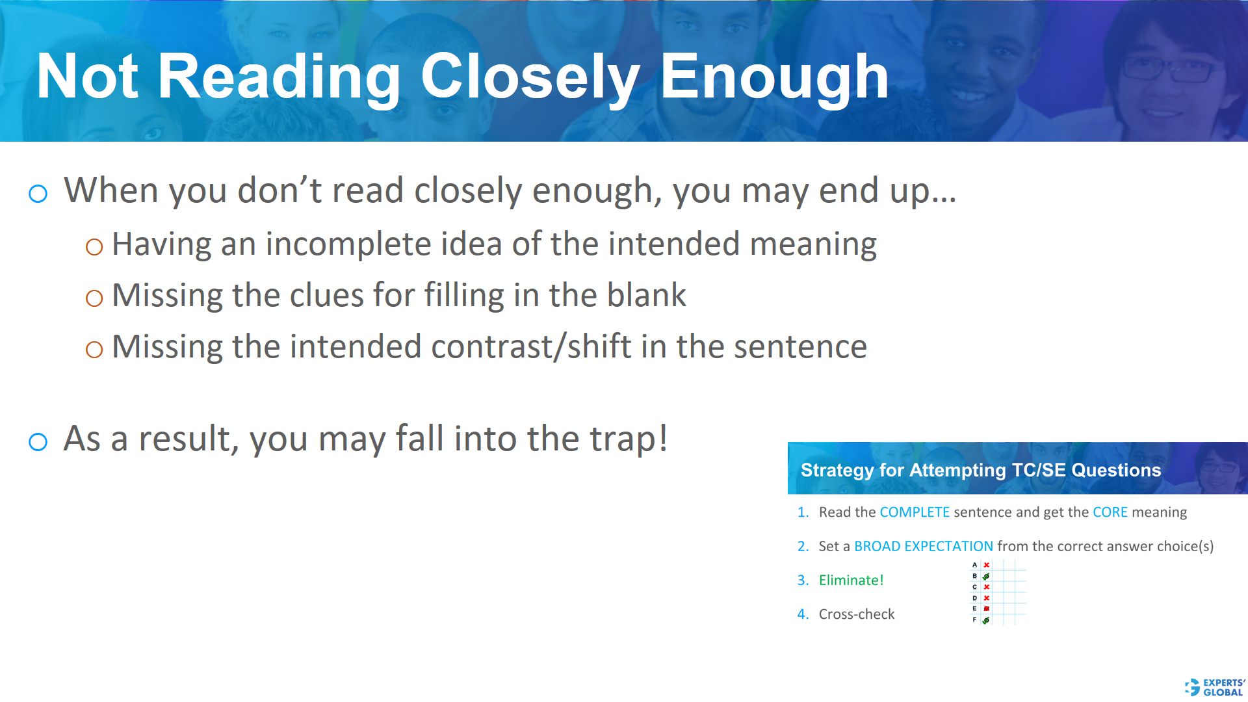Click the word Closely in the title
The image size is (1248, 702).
tap(530, 77)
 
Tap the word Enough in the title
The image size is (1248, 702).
tap(773, 77)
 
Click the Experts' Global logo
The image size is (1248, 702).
tap(1214, 687)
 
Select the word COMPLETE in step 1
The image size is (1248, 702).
tap(915, 512)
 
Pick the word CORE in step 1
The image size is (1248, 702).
tap(1110, 512)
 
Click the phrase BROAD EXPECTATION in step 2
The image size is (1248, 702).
tap(923, 546)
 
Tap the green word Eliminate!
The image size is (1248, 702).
tap(851, 580)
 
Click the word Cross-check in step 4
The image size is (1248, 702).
tap(856, 614)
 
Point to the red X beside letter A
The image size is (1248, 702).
tap(986, 565)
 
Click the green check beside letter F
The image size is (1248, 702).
tap(986, 620)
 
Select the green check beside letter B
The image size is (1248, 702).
tap(986, 576)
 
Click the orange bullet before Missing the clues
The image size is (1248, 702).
tap(94, 298)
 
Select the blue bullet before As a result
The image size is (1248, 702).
tap(38, 442)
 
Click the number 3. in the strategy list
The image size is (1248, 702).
tap(803, 580)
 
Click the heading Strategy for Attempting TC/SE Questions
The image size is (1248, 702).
tap(980, 470)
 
